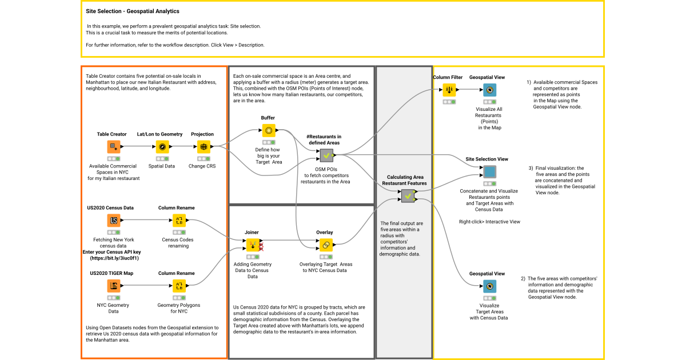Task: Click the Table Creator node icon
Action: click(113, 147)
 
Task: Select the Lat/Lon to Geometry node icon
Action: click(162, 147)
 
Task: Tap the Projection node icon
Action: click(203, 147)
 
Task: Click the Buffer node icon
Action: click(268, 130)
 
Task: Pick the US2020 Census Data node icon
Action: click(113, 221)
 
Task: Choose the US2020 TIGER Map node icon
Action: click(113, 286)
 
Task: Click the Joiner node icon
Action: click(252, 245)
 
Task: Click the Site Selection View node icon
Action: click(489, 171)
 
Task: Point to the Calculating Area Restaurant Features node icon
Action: click(408, 196)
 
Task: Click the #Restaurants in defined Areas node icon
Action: click(326, 155)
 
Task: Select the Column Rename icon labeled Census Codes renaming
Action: click(179, 221)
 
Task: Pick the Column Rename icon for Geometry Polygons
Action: click(179, 286)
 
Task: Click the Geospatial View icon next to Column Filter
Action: click(489, 90)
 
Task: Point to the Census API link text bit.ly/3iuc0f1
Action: click(114, 258)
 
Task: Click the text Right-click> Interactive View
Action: click(489, 222)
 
